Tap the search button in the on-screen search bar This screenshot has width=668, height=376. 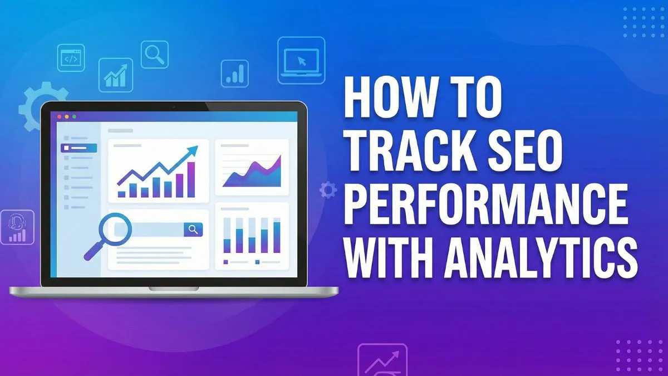pos(193,229)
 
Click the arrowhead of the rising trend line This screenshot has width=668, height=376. pos(193,150)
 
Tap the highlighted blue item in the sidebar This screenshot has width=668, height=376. pos(79,148)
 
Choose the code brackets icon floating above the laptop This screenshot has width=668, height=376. pos(71,58)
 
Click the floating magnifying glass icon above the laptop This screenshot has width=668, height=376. pos(154,54)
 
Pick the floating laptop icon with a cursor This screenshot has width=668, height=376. pos(301,60)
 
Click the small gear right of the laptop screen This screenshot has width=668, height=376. pos(328,189)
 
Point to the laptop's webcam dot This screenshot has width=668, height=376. pos(174,106)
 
